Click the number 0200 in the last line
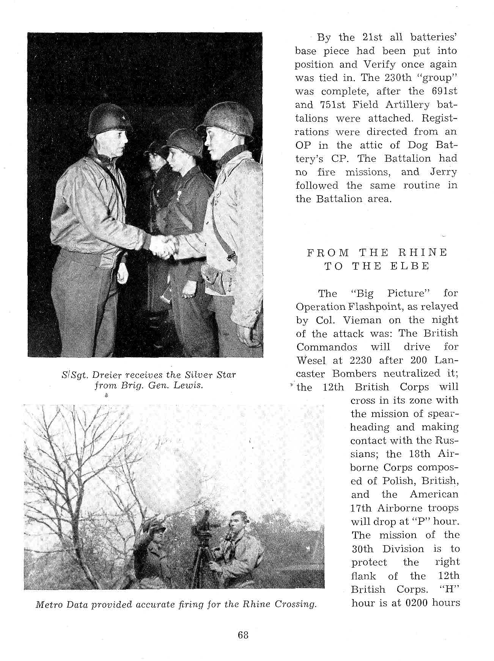click(419, 603)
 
